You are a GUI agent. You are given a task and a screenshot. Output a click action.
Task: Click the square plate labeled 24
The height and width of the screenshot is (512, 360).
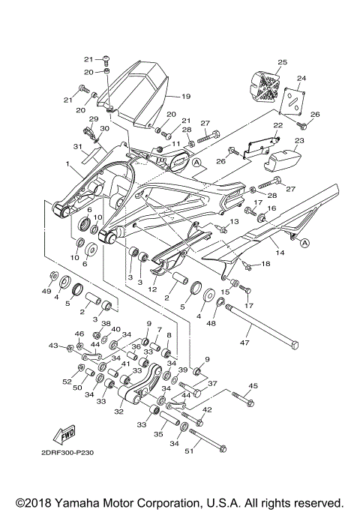pyautogui.click(x=298, y=99)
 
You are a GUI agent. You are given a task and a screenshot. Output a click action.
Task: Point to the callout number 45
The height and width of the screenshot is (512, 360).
pyautogui.click(x=253, y=387)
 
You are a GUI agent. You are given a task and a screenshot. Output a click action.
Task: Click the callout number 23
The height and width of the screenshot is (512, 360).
pyautogui.click(x=299, y=140)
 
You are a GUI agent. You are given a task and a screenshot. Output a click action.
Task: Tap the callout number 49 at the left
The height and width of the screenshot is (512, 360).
pyautogui.click(x=46, y=292)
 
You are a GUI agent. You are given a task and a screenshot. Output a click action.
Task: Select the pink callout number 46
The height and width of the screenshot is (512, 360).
pyautogui.click(x=79, y=334)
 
